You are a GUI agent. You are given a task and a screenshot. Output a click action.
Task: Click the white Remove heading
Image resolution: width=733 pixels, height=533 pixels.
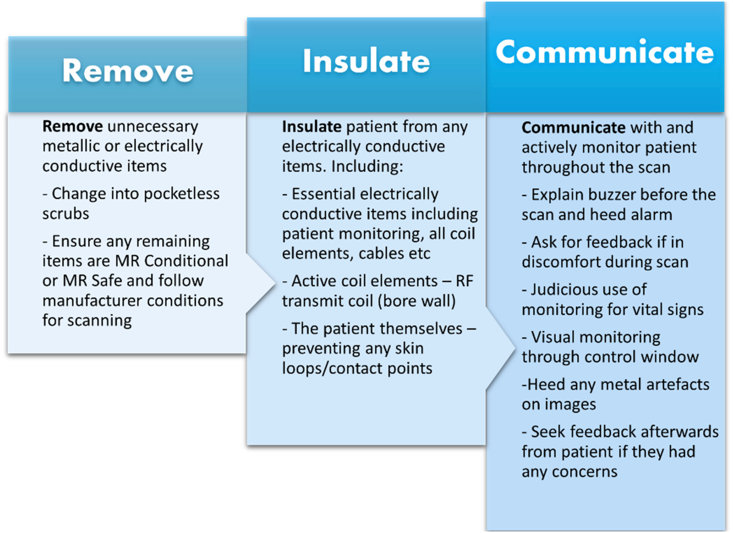[x=128, y=71]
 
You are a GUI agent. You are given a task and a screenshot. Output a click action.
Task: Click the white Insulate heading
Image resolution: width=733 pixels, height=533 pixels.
[x=366, y=61]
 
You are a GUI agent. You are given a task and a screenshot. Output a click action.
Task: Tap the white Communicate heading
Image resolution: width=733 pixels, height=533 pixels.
[x=605, y=52]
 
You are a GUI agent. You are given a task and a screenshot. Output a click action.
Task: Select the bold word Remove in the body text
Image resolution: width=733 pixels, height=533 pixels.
[x=72, y=126]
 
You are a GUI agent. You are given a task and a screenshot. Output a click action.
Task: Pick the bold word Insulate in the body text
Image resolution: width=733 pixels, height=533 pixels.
[x=312, y=127]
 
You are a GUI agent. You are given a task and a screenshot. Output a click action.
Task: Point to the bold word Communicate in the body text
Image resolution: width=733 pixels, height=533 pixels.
[x=574, y=127]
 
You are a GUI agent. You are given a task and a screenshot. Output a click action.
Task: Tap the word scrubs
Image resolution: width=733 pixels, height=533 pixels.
[x=66, y=214]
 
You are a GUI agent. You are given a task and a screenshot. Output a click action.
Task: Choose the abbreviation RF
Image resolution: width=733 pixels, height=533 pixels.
[x=465, y=281]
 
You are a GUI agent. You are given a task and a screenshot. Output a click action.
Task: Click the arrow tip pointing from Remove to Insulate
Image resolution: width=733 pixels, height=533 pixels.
[x=275, y=283]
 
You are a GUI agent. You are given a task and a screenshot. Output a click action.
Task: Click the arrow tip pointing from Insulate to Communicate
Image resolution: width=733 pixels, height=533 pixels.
[x=515, y=348]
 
